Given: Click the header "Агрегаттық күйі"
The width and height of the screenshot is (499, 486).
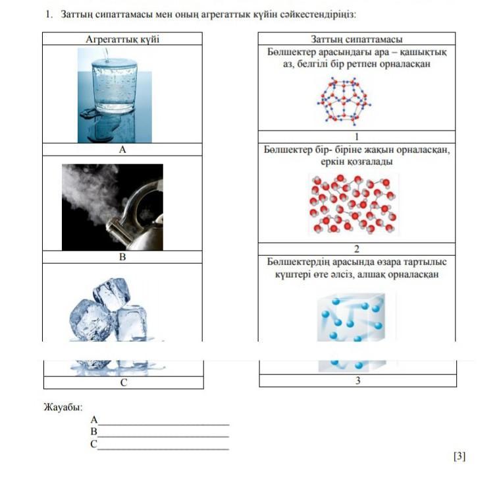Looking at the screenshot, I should pyautogui.click(x=122, y=40).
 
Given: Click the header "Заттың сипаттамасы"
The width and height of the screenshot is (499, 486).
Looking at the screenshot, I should pyautogui.click(x=357, y=40).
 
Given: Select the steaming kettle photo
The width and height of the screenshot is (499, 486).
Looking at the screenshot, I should pyautogui.click(x=113, y=207).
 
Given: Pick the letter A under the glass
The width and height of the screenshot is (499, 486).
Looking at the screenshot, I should pyautogui.click(x=122, y=150).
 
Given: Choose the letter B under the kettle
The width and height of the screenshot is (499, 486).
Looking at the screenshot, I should pyautogui.click(x=122, y=257).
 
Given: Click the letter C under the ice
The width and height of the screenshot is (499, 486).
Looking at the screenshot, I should pyautogui.click(x=123, y=382).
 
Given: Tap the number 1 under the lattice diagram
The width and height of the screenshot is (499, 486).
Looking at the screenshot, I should pyautogui.click(x=356, y=137).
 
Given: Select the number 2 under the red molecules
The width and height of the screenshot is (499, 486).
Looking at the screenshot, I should pyautogui.click(x=356, y=249).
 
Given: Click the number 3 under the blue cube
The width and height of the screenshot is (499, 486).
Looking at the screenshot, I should pyautogui.click(x=357, y=380).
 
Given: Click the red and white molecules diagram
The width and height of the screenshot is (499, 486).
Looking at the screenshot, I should pyautogui.click(x=353, y=204).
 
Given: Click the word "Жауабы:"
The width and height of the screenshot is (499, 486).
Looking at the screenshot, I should pyautogui.click(x=59, y=407).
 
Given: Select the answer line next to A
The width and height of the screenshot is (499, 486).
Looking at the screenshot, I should pyautogui.click(x=163, y=423).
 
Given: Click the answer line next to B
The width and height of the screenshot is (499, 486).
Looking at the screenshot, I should pyautogui.click(x=163, y=435).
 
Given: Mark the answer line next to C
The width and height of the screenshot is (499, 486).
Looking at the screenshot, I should pyautogui.click(x=163, y=447).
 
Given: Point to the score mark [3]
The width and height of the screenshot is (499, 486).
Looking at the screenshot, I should pyautogui.click(x=460, y=456).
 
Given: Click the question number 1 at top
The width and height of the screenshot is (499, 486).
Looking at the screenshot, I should pyautogui.click(x=48, y=14).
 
